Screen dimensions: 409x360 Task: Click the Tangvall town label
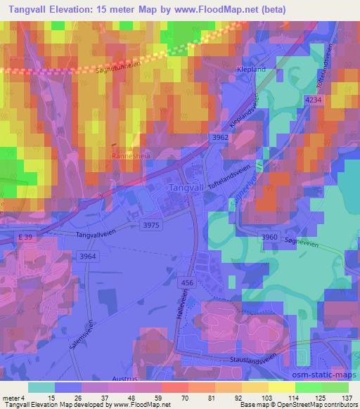[188, 188]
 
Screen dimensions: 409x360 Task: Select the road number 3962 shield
[219, 138]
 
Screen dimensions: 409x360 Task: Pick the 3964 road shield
[88, 257]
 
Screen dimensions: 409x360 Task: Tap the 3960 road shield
[269, 238]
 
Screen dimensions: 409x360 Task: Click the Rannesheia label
[129, 156]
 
